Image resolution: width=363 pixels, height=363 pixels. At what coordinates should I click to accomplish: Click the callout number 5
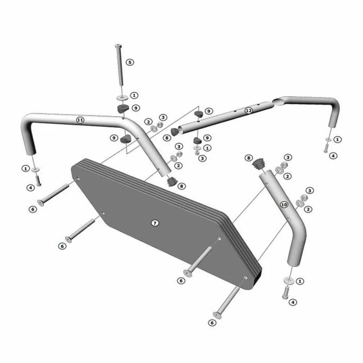pos(130,62)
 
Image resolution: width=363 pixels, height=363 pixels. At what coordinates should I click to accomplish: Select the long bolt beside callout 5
pos(120,65)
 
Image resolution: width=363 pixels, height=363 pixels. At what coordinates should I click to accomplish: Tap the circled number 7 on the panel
pos(155,223)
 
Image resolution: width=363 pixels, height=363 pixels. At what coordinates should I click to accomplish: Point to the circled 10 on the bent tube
pos(284,205)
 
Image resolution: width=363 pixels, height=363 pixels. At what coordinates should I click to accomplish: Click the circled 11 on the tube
pos(80,120)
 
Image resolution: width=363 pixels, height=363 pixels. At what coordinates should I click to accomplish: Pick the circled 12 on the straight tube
pos(248,111)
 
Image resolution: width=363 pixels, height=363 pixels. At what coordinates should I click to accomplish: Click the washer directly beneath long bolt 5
pos(123,98)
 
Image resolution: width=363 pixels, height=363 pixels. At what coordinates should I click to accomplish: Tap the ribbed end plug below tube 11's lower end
pos(172,181)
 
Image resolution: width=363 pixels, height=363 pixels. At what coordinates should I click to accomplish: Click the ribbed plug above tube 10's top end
pos(258,163)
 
